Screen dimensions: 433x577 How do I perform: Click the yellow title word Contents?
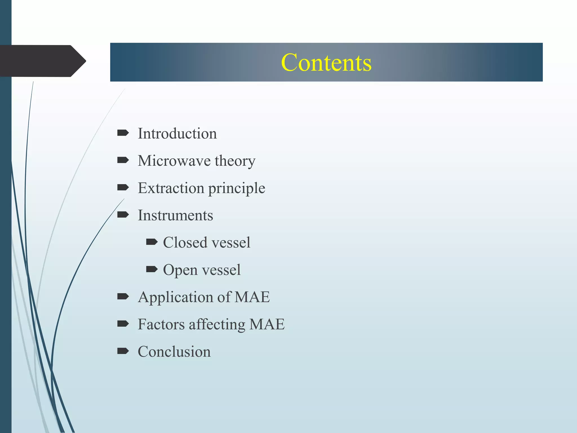326,63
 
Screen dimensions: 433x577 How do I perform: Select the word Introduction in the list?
177,133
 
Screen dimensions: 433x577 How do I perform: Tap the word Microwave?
174,161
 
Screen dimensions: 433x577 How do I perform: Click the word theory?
235,161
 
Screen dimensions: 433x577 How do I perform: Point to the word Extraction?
171,188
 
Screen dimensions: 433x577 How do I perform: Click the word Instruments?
175,215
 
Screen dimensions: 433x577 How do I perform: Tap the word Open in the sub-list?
180,270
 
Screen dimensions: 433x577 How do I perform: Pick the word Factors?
161,324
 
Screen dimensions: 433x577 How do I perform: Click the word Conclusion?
174,352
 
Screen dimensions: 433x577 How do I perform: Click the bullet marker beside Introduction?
123,133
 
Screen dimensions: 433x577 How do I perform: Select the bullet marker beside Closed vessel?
152,242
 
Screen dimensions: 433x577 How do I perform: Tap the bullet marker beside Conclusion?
123,351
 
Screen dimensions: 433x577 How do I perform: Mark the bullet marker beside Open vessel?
152,269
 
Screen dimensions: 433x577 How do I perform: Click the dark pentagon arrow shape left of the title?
42,61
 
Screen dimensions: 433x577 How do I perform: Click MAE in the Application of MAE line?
252,297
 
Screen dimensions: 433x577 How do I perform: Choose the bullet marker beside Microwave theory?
123,160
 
